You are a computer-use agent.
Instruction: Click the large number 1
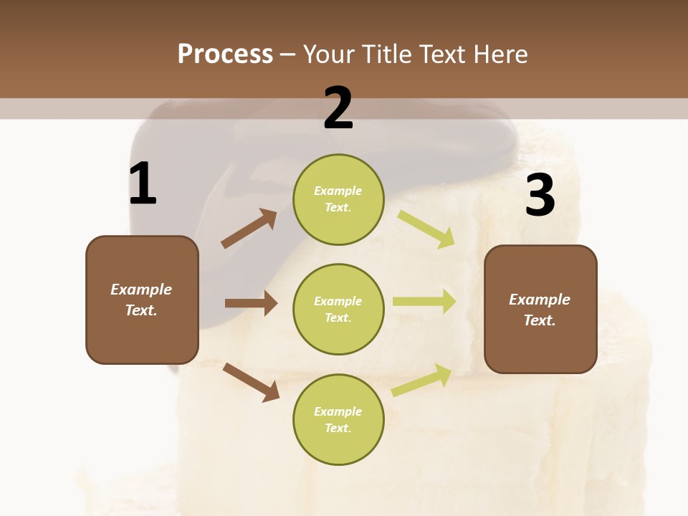[x=143, y=183]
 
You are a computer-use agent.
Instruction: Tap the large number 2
[x=338, y=108]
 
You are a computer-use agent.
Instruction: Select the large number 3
[x=540, y=196]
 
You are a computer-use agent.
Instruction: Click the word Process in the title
[x=225, y=54]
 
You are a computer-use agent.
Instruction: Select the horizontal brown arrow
[x=251, y=303]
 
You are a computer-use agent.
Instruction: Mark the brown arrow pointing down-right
[x=251, y=382]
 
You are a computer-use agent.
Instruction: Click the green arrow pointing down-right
[x=426, y=229]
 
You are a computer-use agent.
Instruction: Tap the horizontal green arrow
[x=424, y=301]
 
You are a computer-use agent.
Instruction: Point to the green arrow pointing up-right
[x=422, y=380]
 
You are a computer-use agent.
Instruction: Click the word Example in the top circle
[x=338, y=191]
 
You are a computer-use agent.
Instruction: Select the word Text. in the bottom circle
[x=338, y=428]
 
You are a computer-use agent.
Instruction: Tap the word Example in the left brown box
[x=141, y=290]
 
